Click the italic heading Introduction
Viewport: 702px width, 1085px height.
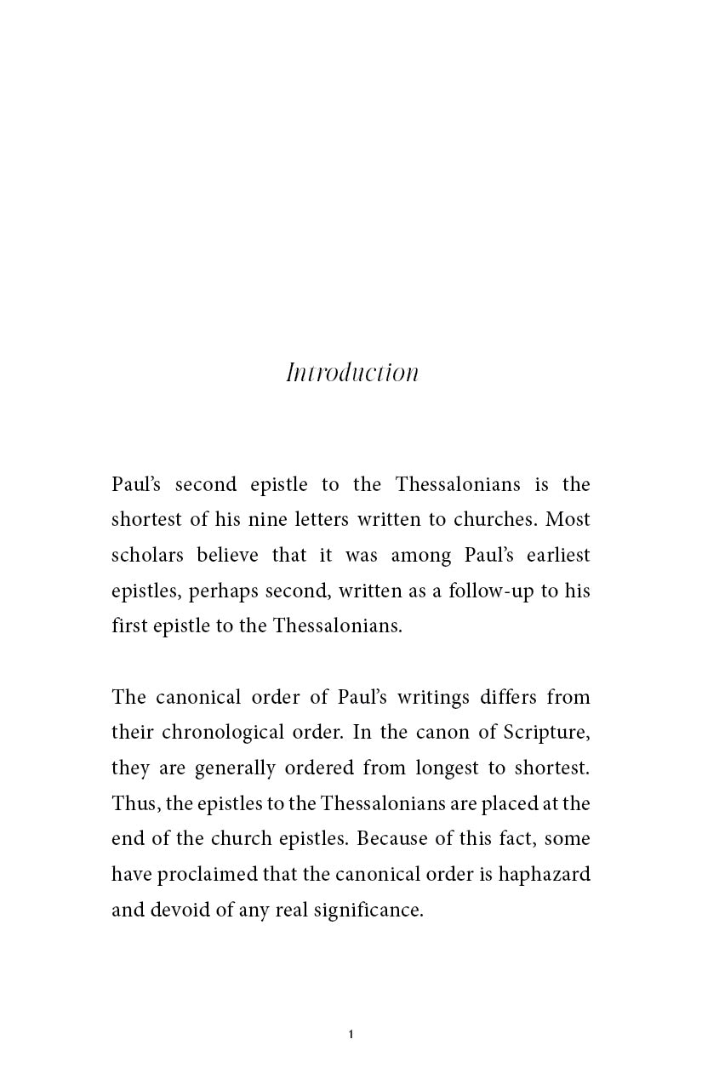click(351, 373)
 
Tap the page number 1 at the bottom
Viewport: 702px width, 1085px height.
click(351, 1035)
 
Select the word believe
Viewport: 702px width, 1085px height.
click(229, 556)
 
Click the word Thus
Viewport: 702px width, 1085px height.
click(129, 803)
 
